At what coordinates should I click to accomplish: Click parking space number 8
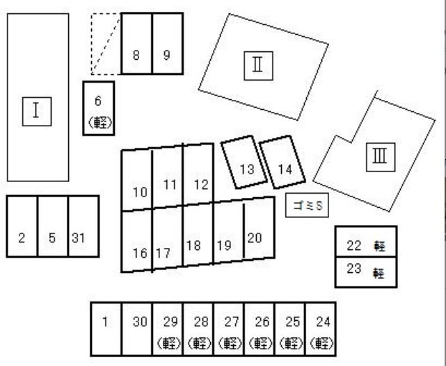tap(136, 44)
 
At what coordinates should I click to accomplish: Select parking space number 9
tap(168, 44)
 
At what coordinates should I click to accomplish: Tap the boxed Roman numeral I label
tap(37, 111)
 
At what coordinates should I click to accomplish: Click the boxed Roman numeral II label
tap(259, 66)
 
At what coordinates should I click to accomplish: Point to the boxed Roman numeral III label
tap(381, 157)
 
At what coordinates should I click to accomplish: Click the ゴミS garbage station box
tap(307, 205)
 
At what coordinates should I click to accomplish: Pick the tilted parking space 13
tap(244, 162)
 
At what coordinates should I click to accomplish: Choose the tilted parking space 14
tap(282, 162)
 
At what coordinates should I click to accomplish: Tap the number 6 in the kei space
tap(98, 101)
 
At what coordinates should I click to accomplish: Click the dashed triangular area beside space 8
tap(105, 44)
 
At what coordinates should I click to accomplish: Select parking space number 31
tap(83, 226)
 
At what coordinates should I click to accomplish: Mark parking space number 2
tap(22, 226)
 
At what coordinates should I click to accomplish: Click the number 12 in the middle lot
tap(201, 185)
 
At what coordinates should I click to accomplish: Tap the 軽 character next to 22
tap(380, 246)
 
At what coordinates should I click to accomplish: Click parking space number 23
tap(366, 272)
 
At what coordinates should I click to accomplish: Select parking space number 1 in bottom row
tap(106, 328)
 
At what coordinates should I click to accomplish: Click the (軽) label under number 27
tap(230, 343)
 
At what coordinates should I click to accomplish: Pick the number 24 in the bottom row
tap(324, 322)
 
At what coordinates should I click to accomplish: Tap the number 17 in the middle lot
tap(164, 253)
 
